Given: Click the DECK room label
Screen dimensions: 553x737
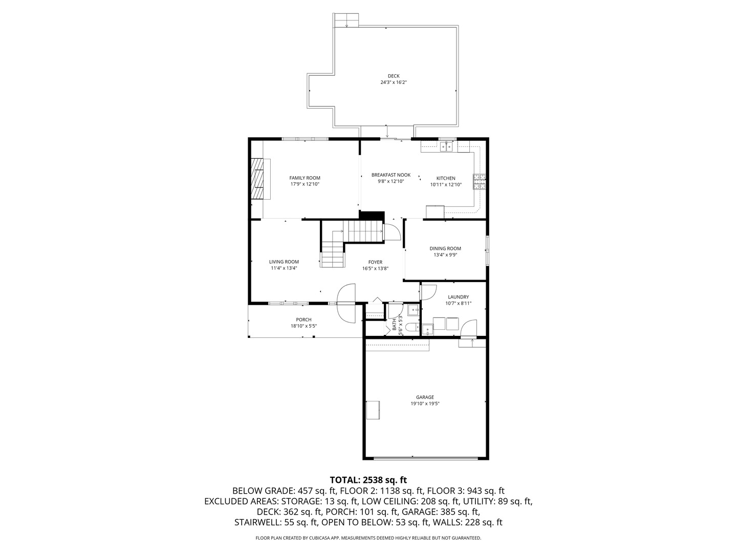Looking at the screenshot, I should coord(393,76).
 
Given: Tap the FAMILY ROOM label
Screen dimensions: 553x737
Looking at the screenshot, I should coord(305,178).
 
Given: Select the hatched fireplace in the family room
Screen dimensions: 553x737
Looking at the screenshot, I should coord(261,178).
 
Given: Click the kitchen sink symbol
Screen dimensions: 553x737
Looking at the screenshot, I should coord(446,147).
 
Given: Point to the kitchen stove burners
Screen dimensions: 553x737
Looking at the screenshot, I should coord(480,181).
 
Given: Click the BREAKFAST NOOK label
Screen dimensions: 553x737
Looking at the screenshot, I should coord(391,175).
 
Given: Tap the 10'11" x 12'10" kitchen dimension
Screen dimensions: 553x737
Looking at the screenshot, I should coord(446,185).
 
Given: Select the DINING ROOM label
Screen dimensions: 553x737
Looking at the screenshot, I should coord(445,249).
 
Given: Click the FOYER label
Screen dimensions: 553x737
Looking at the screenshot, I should coord(375,262).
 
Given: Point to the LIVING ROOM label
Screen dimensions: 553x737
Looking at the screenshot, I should coord(284,262).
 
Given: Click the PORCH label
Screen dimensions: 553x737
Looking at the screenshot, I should coord(304,320).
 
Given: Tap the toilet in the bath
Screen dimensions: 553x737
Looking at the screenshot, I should coord(411,327).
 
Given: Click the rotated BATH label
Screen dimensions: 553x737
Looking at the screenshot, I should coord(395,324).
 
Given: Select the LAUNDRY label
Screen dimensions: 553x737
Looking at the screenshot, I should coord(458,297).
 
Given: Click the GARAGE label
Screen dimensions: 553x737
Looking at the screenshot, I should coord(425,397).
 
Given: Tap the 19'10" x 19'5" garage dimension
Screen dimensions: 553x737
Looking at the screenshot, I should coord(425,404).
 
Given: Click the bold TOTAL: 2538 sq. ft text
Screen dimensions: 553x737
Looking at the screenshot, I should coord(368,480).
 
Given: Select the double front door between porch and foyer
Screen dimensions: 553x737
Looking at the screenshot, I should coord(346,303).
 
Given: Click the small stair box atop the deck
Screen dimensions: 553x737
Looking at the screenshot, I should coord(347,20).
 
